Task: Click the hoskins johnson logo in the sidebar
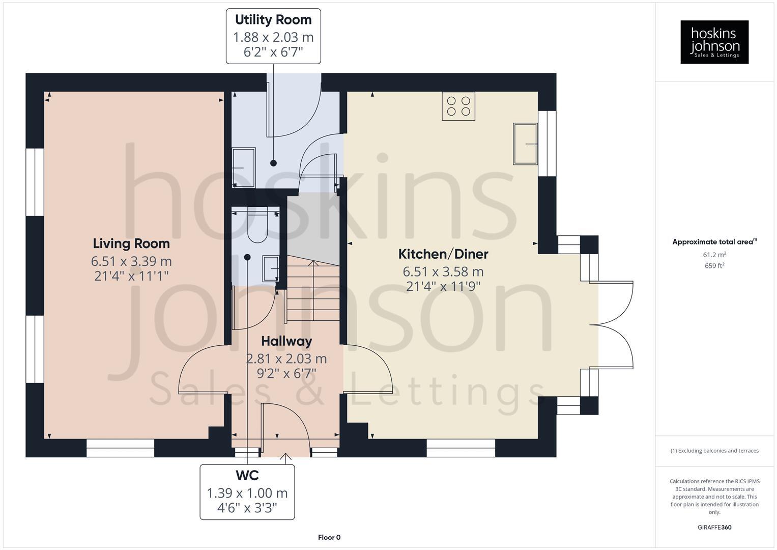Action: point(714,42)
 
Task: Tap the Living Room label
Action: point(131,243)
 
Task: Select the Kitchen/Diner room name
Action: point(443,254)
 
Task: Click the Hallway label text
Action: point(286,341)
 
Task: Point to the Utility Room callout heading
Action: point(273,20)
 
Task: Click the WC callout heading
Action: point(247,475)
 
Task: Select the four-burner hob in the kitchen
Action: point(458,106)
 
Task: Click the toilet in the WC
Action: point(257,227)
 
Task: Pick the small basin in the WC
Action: point(270,268)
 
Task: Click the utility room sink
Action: point(244,167)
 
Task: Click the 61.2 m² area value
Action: point(714,255)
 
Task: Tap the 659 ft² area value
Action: point(714,266)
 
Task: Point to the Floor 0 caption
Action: point(329,537)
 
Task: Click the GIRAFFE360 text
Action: point(714,527)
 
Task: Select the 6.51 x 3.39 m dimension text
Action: point(131,261)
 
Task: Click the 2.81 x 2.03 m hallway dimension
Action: point(286,359)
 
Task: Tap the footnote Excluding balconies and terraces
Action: point(714,451)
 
